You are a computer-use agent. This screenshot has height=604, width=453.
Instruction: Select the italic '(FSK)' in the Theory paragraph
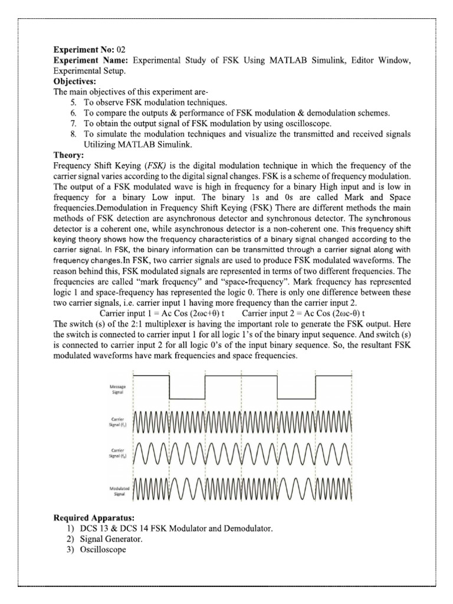153,166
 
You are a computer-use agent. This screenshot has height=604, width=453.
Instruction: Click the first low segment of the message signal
187,398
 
